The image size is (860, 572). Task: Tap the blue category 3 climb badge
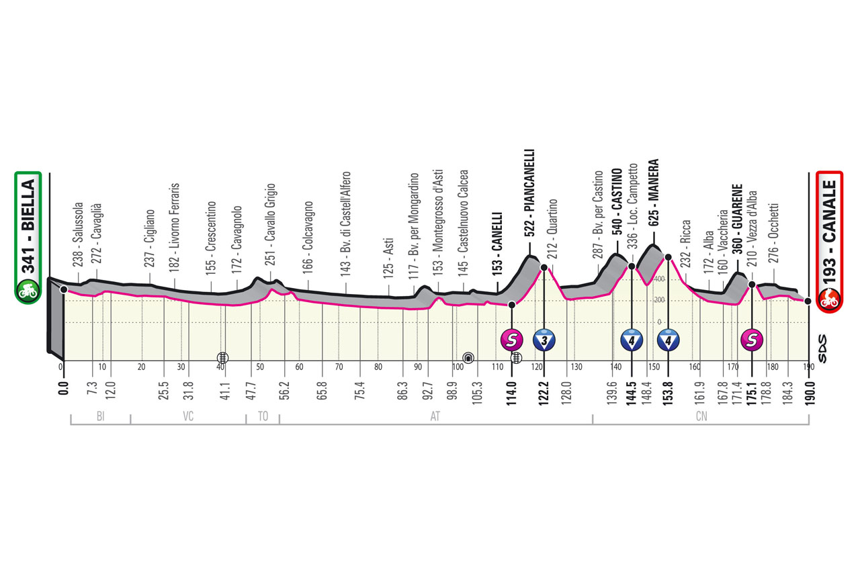[x=543, y=340]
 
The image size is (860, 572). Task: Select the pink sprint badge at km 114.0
[x=513, y=340]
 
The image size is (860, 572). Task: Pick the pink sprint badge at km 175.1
[x=752, y=340]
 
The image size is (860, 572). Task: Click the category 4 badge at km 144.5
[x=632, y=340]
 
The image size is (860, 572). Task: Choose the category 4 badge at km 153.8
[x=668, y=340]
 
